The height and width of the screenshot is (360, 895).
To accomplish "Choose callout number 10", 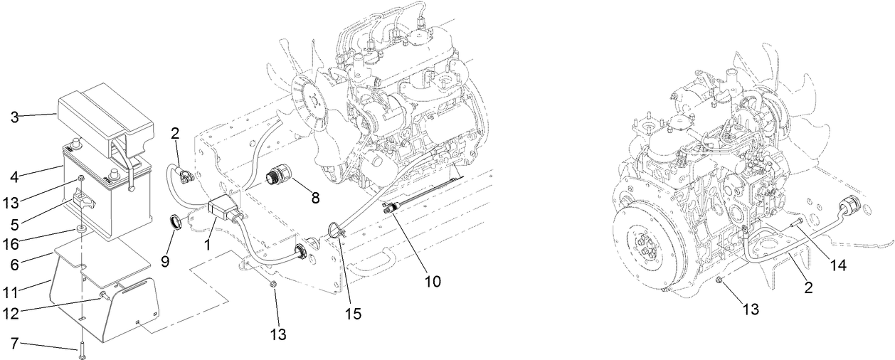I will [x=432, y=281].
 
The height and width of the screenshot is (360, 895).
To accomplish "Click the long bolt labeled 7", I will [x=83, y=346].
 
